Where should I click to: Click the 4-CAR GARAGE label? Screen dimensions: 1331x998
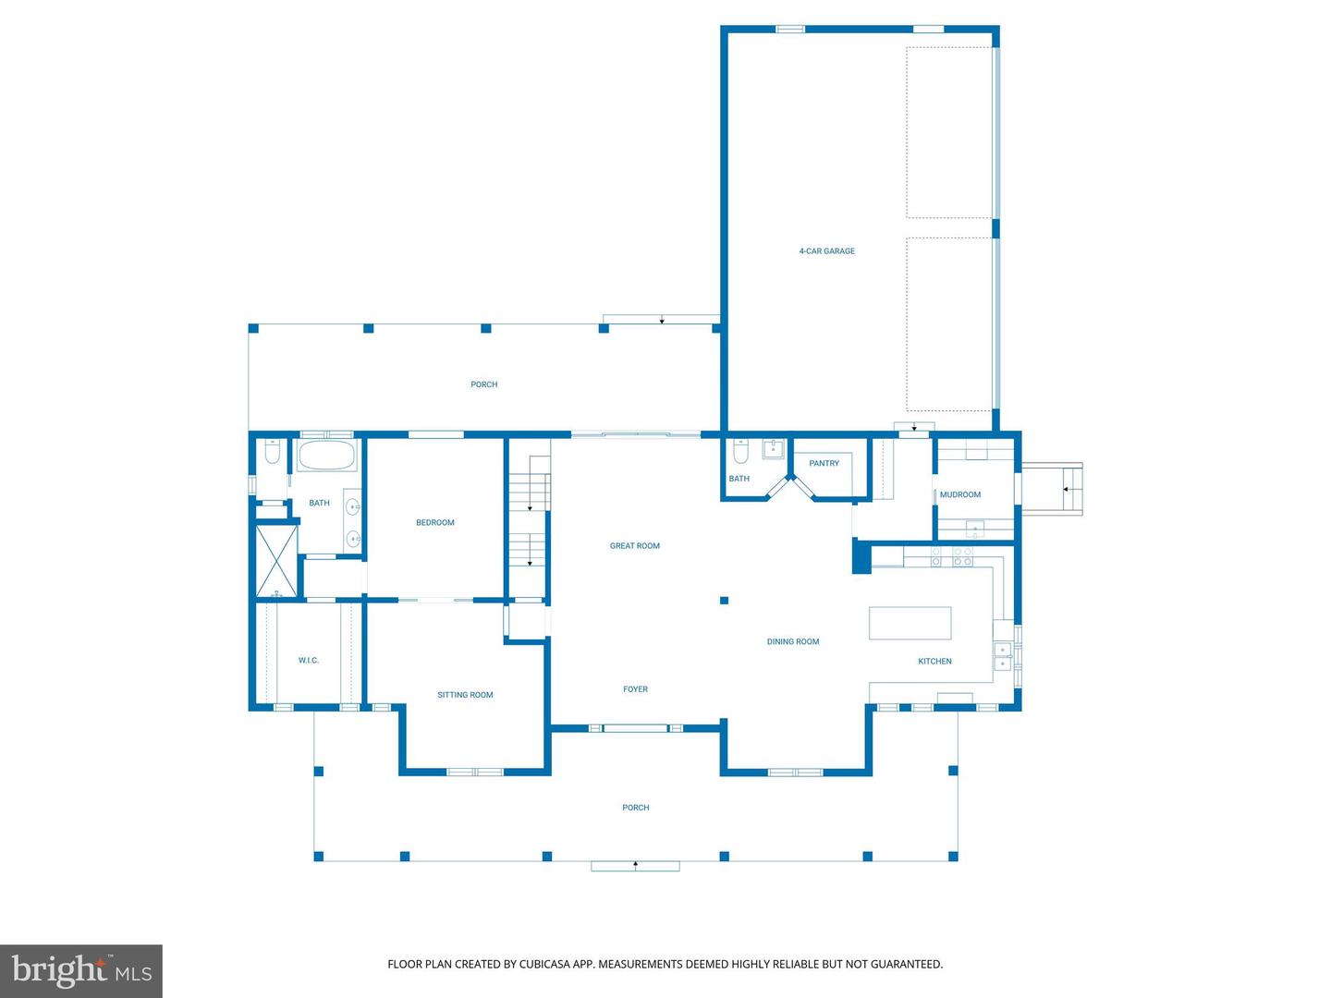[826, 250]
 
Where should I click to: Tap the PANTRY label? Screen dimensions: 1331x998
[824, 464]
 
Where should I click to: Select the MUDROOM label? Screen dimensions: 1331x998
[960, 495]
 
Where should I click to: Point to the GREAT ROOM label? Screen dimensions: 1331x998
[634, 546]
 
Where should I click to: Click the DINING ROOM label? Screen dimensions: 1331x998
[792, 641]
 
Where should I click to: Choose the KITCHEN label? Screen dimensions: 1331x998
[934, 661]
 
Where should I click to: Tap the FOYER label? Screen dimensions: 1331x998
[636, 689]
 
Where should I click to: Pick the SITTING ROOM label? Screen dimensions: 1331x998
[465, 695]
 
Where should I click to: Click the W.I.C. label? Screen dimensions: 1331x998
[308, 661]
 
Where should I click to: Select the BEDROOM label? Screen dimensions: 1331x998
[434, 522]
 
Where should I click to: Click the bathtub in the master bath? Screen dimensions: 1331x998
[326, 456]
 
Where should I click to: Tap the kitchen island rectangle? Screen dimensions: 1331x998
[910, 623]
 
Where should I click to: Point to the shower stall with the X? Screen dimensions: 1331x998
[276, 561]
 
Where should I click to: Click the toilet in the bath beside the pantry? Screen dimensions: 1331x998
[740, 452]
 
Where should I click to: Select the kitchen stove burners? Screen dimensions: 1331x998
[952, 557]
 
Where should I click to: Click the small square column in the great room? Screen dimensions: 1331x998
[724, 601]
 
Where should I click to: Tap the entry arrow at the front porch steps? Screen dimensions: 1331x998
[636, 865]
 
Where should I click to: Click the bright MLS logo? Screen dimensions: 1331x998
[81, 970]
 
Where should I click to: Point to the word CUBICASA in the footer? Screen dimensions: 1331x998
[542, 964]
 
